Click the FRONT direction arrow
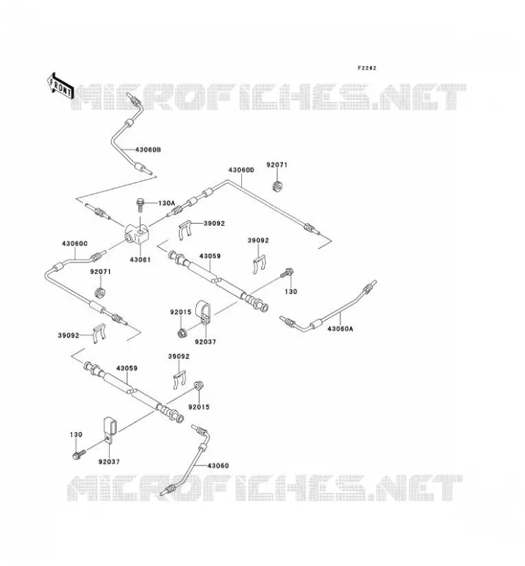pyautogui.click(x=60, y=86)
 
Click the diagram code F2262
pyautogui.click(x=367, y=68)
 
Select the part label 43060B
pyautogui.click(x=148, y=149)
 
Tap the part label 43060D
pyautogui.click(x=241, y=170)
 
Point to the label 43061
pyautogui.click(x=140, y=260)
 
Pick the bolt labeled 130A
pyautogui.click(x=140, y=205)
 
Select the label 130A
pyautogui.click(x=167, y=203)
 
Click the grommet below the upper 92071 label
pyautogui.click(x=277, y=186)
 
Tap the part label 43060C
pyautogui.click(x=75, y=243)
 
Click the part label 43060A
pyautogui.click(x=340, y=329)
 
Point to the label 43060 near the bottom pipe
pyautogui.click(x=218, y=466)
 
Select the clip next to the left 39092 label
pyautogui.click(x=99, y=333)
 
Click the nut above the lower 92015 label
pyautogui.click(x=198, y=386)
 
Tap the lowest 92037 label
pyautogui.click(x=109, y=462)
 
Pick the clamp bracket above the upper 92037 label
pyautogui.click(x=202, y=313)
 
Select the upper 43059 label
pyautogui.click(x=210, y=256)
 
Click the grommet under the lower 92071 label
pyautogui.click(x=99, y=293)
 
